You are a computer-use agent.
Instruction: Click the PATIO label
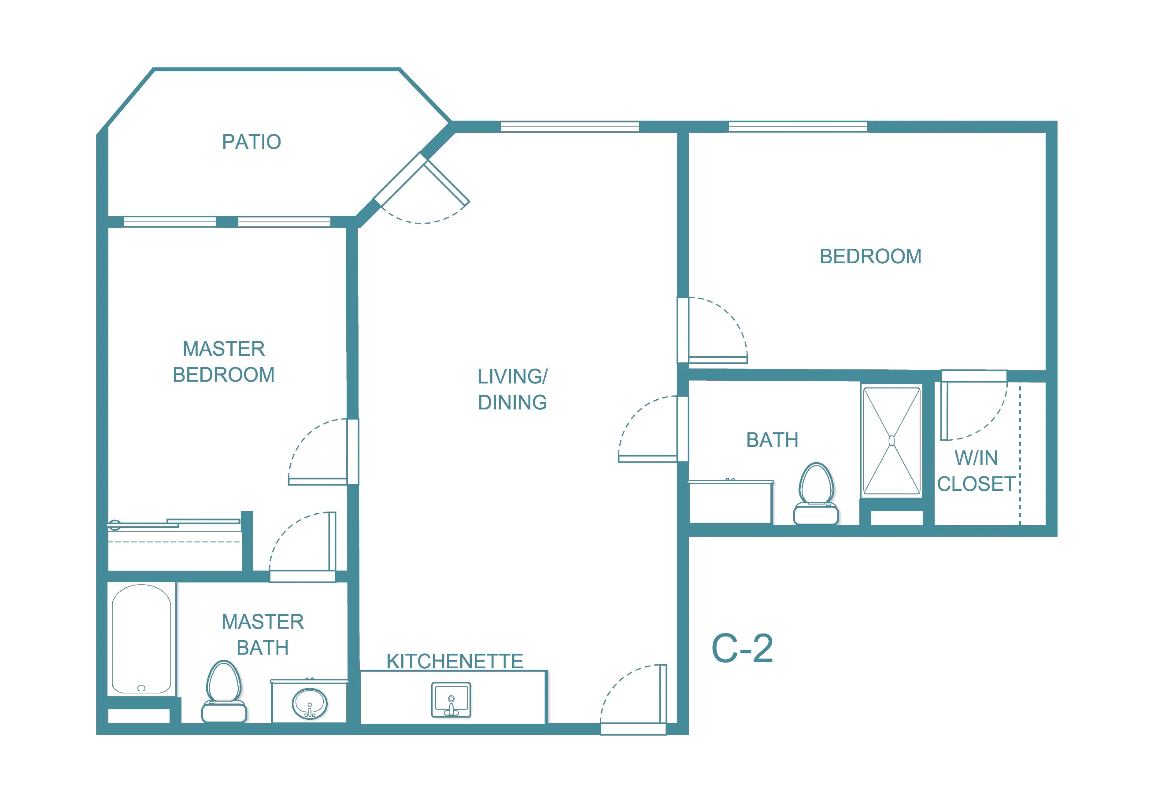[252, 142]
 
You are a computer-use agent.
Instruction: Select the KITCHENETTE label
[455, 661]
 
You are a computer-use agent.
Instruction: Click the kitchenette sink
[451, 700]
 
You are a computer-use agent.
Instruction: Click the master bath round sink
[310, 704]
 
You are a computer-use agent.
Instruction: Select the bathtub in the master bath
[141, 639]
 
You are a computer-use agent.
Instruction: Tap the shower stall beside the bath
[891, 441]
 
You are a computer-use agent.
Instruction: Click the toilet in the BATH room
[816, 494]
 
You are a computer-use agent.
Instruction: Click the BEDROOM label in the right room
[870, 256]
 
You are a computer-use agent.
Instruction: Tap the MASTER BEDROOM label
[224, 362]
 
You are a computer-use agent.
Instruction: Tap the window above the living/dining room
[570, 127]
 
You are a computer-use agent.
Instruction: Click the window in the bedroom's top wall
[798, 127]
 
